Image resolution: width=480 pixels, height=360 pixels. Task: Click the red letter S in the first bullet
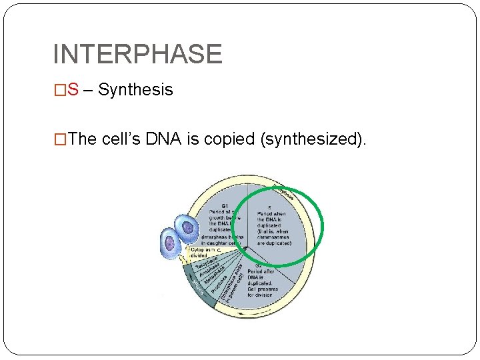click(x=73, y=90)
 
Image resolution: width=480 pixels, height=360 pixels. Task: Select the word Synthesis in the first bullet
click(x=135, y=90)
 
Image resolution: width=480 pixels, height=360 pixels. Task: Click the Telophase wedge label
click(x=205, y=265)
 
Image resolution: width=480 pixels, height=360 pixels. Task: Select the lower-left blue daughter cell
click(x=171, y=243)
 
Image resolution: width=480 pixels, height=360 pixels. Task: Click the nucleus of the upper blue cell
click(x=189, y=228)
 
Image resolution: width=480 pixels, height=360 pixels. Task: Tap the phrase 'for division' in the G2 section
click(x=260, y=294)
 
